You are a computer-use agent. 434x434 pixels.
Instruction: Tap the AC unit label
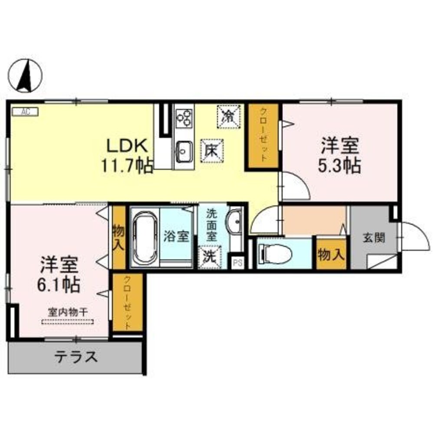(25, 112)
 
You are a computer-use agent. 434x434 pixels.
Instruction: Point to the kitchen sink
(184, 151)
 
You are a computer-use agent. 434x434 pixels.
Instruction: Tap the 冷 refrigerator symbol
(227, 115)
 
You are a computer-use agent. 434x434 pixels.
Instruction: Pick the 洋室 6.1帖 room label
(59, 274)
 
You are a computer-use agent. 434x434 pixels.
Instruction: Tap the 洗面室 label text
(211, 224)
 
